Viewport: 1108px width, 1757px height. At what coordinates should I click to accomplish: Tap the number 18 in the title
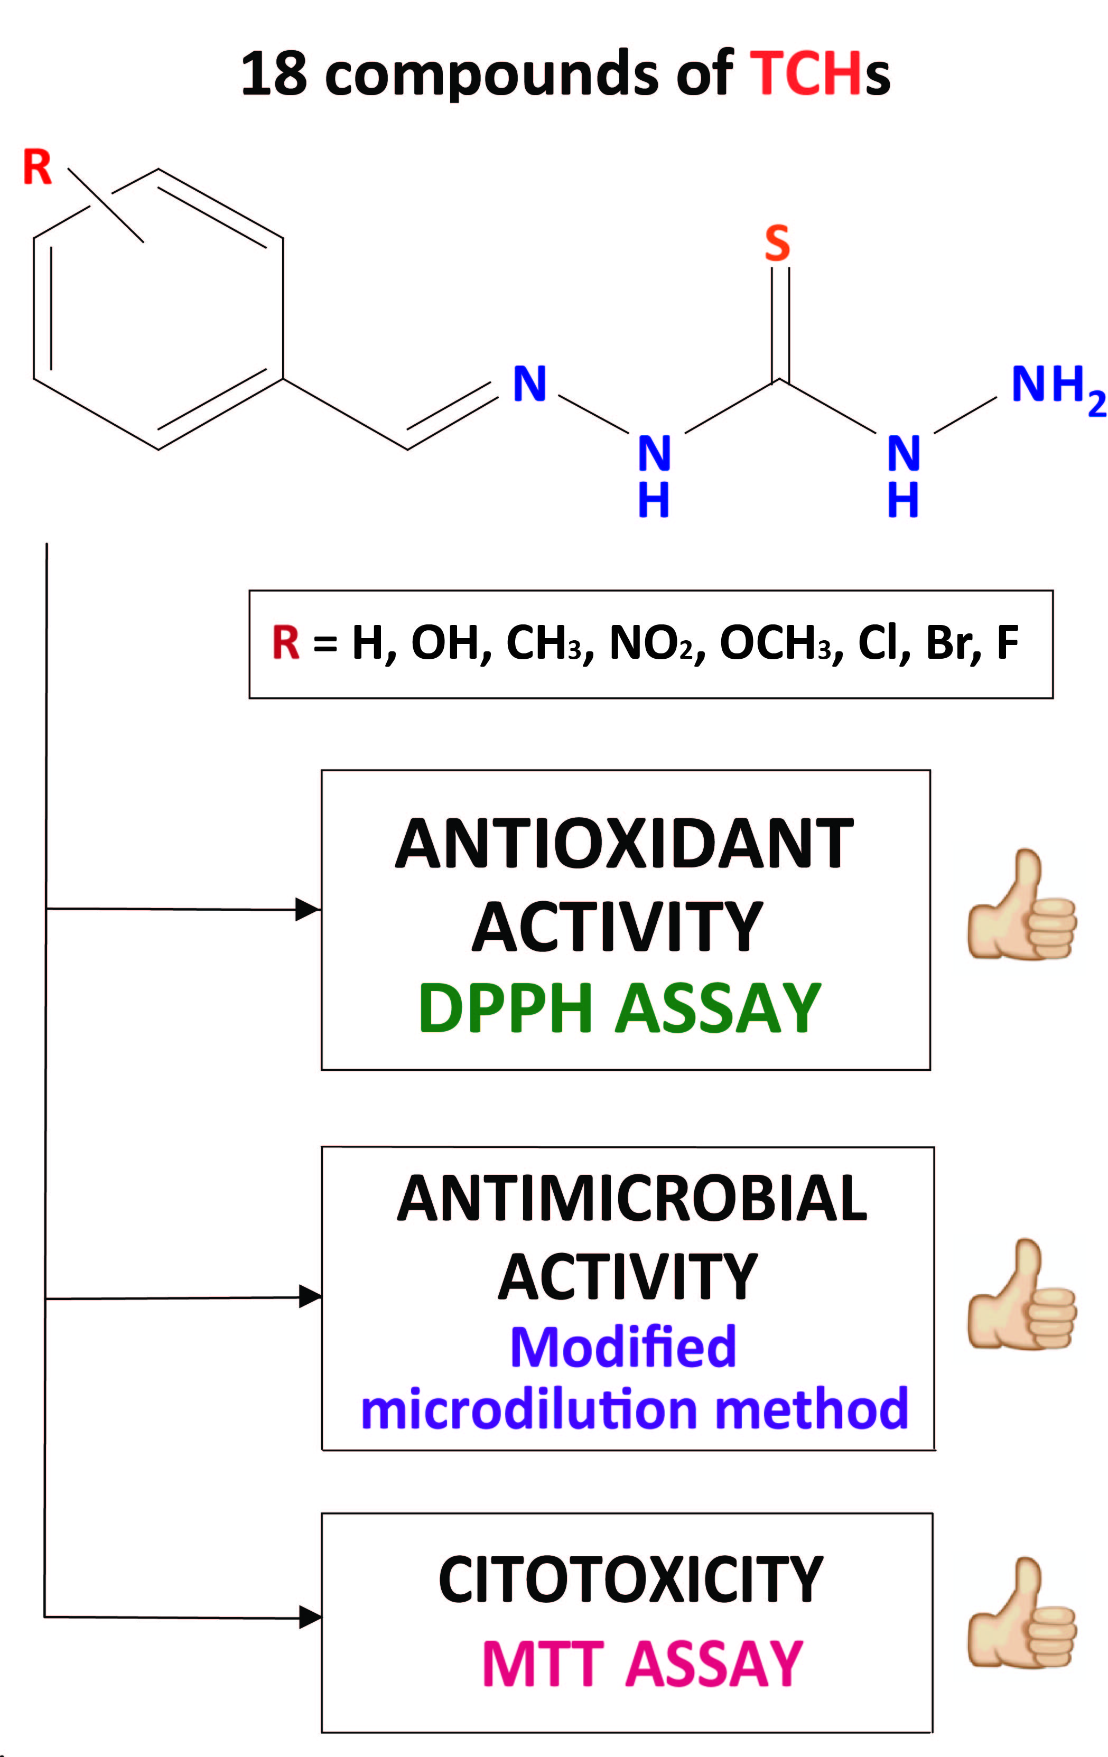274,74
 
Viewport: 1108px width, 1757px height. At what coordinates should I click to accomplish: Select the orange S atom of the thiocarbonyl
777,243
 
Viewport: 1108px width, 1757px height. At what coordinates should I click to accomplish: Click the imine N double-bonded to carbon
529,384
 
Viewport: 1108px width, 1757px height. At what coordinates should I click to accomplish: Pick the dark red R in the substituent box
285,643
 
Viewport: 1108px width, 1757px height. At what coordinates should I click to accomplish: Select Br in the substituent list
945,643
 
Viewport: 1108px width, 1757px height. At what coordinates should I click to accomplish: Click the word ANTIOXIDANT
624,844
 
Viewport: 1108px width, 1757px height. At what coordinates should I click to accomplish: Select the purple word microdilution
530,1410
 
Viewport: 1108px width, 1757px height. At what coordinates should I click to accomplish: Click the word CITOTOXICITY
631,1581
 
